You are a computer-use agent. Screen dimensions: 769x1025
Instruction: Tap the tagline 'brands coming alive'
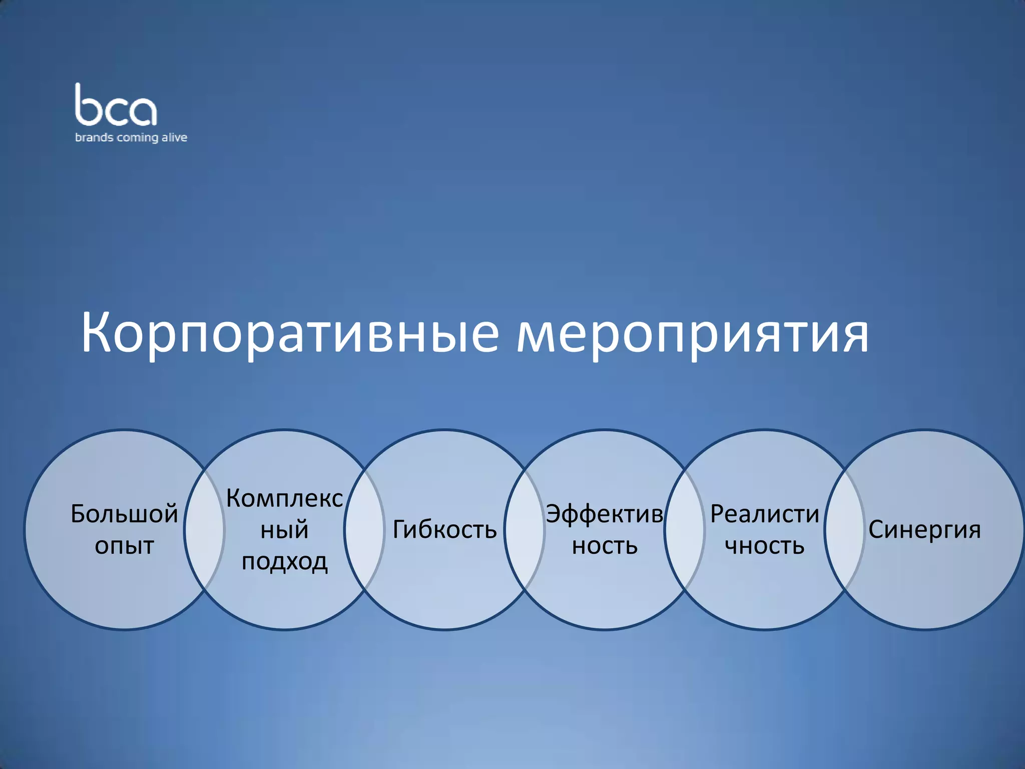(x=131, y=138)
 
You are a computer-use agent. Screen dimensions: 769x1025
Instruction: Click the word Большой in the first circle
(x=124, y=514)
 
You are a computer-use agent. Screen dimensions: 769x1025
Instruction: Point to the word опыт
(x=124, y=546)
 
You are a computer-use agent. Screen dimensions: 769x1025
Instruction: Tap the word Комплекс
(x=284, y=499)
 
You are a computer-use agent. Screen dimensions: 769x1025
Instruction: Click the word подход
(x=284, y=562)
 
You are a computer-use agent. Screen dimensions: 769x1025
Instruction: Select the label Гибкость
(x=444, y=530)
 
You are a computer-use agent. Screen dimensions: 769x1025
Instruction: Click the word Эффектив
(x=605, y=514)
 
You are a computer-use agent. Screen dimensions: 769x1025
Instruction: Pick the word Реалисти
(x=764, y=514)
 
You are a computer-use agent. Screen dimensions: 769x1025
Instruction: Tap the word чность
(x=764, y=546)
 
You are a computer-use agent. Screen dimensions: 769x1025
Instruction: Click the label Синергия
(x=924, y=530)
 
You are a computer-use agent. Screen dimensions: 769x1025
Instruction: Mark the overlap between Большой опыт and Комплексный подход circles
(x=204, y=530)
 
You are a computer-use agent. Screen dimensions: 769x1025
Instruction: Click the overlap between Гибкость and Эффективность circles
(x=525, y=530)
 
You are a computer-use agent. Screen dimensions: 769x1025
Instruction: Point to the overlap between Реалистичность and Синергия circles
(x=844, y=530)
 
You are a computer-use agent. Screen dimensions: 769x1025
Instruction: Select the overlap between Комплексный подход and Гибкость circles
(x=364, y=530)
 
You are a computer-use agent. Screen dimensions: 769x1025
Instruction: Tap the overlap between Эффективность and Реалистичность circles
(x=684, y=530)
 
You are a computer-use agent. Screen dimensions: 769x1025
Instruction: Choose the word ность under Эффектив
(x=605, y=546)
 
